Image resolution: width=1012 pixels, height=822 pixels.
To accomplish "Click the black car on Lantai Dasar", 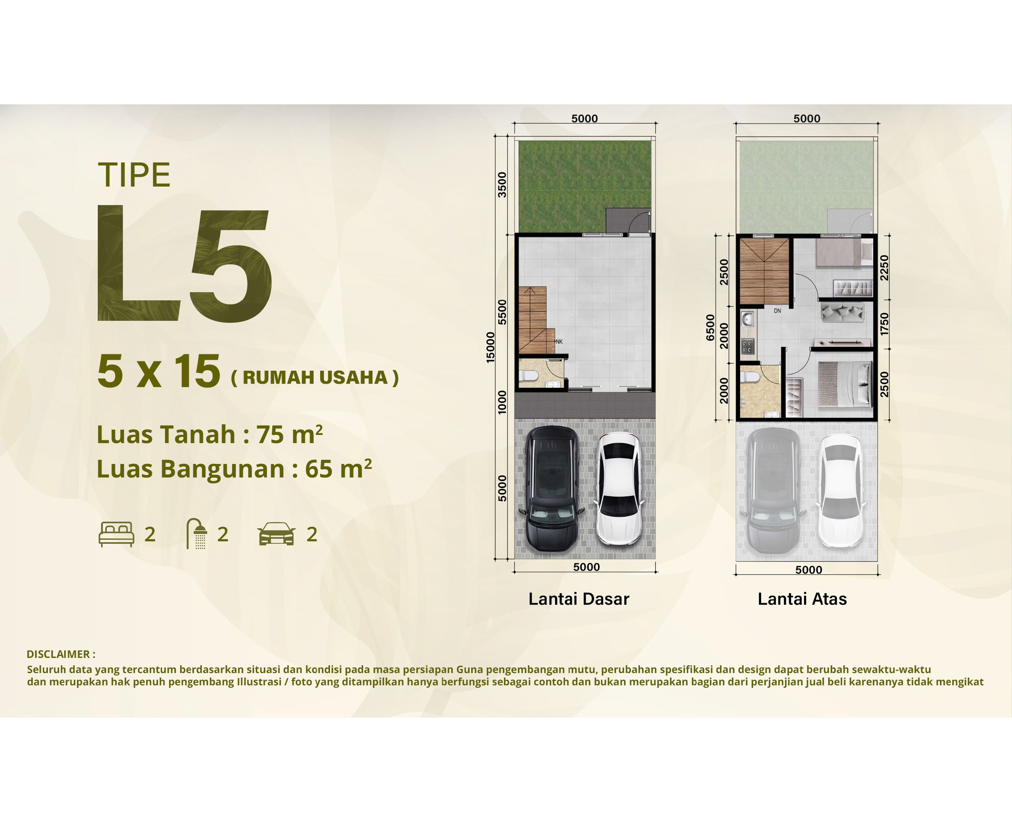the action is (552, 489).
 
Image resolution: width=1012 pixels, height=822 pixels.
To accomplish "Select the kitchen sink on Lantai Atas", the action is (748, 320).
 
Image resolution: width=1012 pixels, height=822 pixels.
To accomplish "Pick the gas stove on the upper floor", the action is (748, 347).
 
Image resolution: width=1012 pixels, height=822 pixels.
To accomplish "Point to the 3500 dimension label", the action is (502, 185).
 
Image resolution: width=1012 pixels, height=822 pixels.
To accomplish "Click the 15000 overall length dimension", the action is (490, 347).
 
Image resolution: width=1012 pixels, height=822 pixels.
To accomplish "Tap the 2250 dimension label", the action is (885, 268).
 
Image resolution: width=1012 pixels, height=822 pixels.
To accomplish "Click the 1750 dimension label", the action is (885, 324).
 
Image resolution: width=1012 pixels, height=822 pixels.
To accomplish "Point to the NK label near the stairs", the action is (559, 341).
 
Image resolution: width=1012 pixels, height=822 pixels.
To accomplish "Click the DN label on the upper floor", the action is (777, 311).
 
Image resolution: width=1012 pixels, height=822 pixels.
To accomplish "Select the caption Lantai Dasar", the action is (578, 599).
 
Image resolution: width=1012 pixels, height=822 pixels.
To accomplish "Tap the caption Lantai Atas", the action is (802, 599).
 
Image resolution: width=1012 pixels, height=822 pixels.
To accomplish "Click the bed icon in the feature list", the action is (116, 534).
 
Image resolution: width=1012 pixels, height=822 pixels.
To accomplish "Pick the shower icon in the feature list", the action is (196, 534).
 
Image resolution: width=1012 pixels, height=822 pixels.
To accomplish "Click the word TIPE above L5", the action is (134, 175).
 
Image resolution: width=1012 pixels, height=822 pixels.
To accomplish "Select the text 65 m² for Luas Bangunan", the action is (338, 468).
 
